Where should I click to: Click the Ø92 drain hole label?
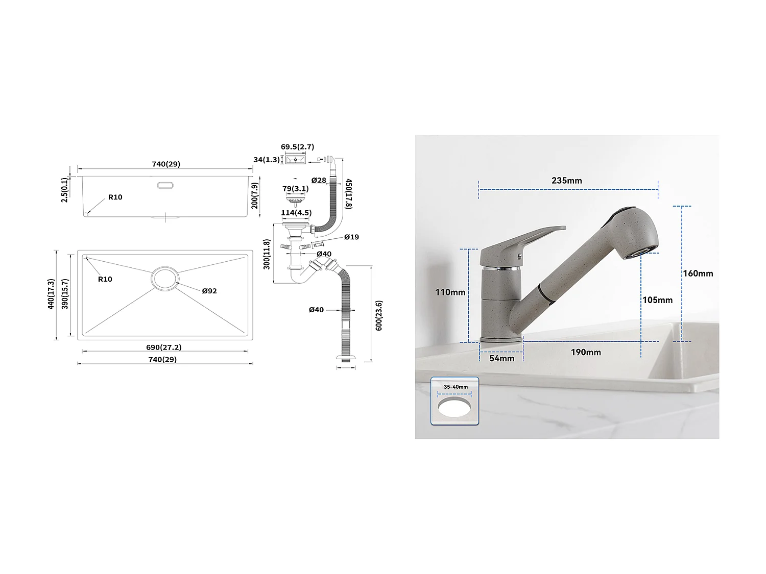click(x=209, y=291)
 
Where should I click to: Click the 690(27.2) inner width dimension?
click(x=163, y=347)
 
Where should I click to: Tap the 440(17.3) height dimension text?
click(x=51, y=294)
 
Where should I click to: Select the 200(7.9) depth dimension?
click(x=255, y=196)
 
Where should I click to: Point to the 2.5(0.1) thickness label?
click(x=64, y=190)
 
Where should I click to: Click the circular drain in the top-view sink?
click(x=164, y=278)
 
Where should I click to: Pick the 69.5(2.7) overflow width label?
click(x=297, y=147)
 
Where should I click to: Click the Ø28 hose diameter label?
click(x=319, y=180)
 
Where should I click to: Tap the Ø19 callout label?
click(x=351, y=237)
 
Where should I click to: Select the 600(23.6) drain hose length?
click(x=379, y=315)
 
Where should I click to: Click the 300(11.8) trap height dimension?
click(x=267, y=254)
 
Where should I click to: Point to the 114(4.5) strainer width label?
click(x=296, y=213)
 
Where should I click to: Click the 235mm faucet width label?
click(x=566, y=181)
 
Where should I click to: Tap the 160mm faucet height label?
click(x=698, y=273)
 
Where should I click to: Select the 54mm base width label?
click(x=501, y=358)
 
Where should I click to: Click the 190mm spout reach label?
click(x=586, y=353)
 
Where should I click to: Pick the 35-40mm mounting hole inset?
click(x=454, y=401)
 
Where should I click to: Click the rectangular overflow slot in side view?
click(x=164, y=186)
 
